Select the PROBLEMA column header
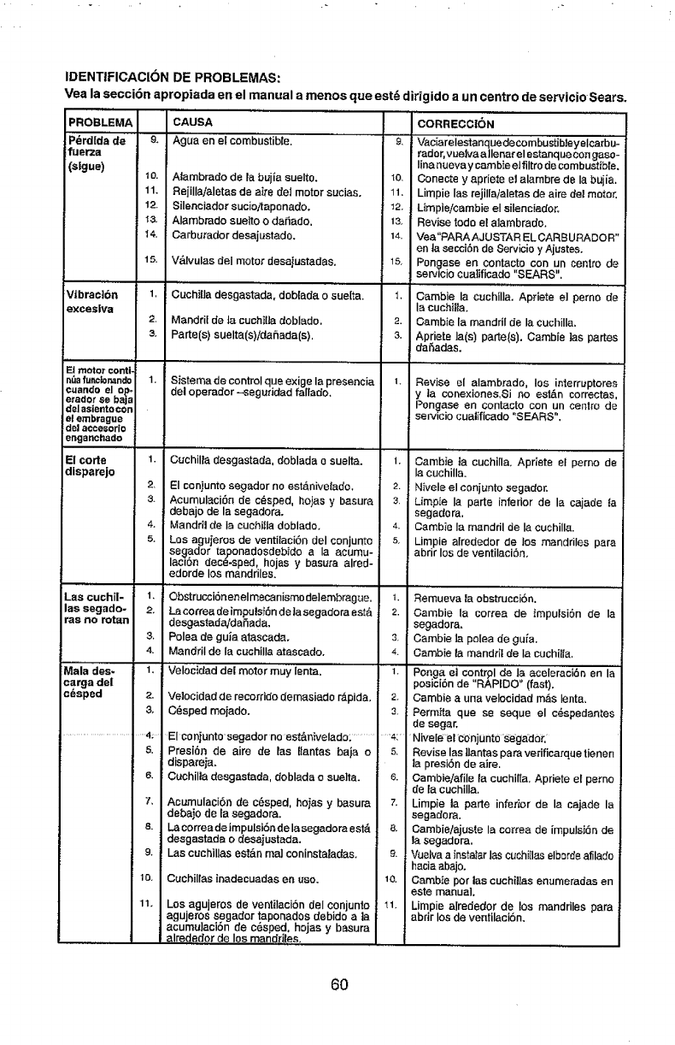point(99,122)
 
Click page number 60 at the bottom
point(338,984)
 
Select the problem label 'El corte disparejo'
point(91,467)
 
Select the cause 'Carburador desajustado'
point(232,233)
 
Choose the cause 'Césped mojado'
point(208,710)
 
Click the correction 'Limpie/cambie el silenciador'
point(477,206)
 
